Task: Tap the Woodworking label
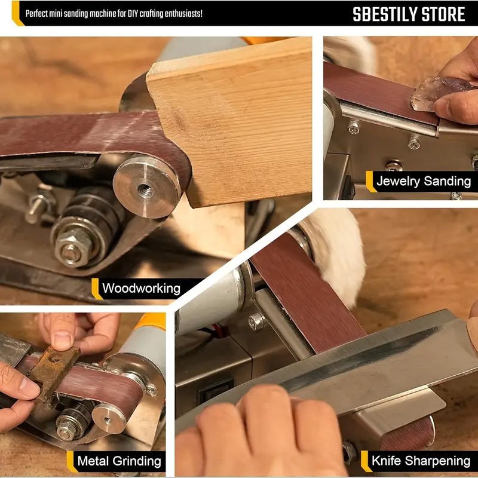pos(141,289)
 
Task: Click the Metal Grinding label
pos(119,461)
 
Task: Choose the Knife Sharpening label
pos(421,461)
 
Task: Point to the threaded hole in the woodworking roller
pos(145,189)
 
